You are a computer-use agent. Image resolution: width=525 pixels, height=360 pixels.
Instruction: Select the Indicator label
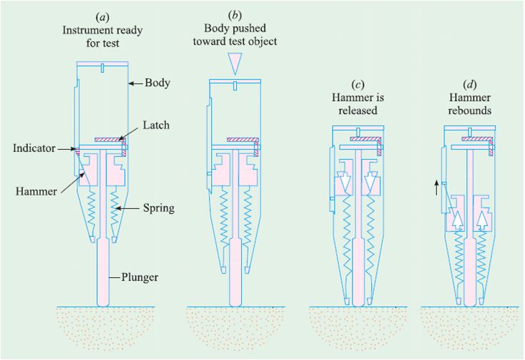[34, 149]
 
